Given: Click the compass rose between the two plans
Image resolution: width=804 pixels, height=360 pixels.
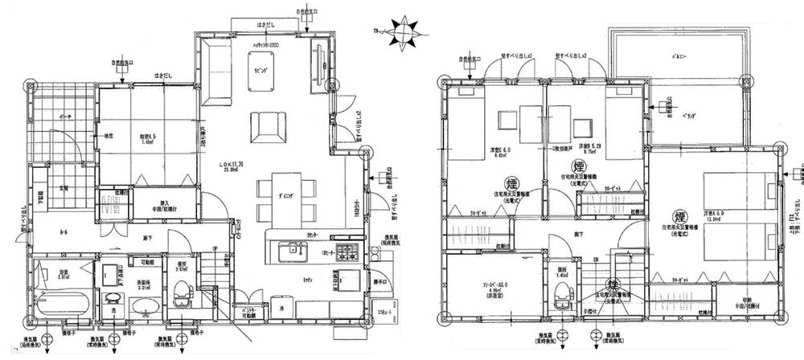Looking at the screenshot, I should [x=400, y=32].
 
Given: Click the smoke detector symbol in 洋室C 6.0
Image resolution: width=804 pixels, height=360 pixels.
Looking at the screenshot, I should [x=510, y=182].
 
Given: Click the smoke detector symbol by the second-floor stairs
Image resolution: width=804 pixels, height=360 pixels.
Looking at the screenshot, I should [x=613, y=285].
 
